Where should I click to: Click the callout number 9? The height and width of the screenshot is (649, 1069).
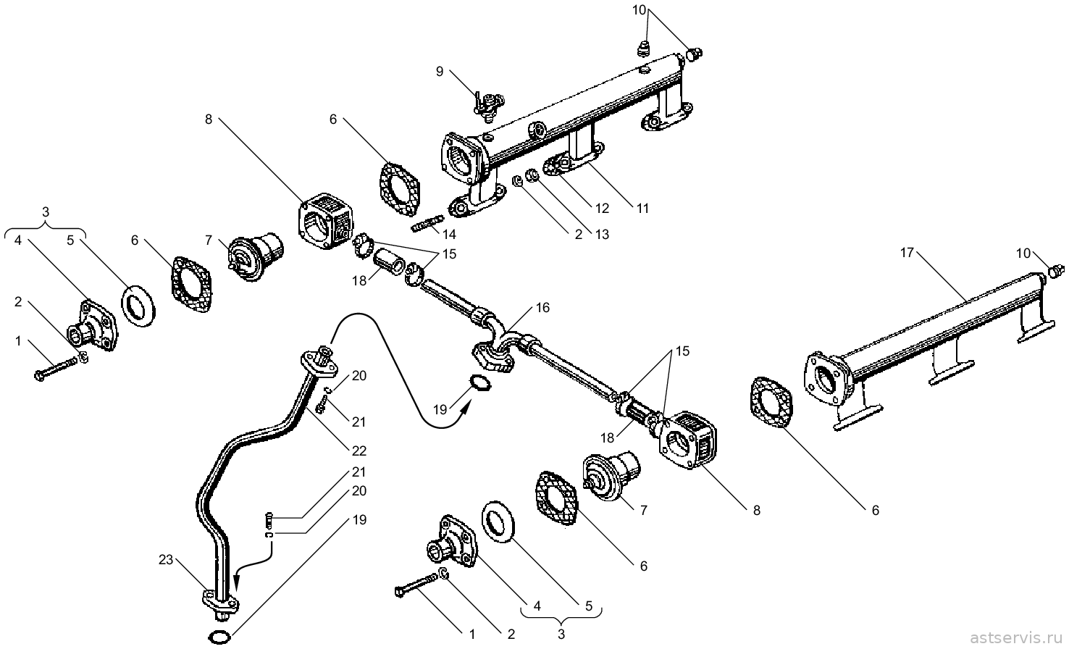pos(440,72)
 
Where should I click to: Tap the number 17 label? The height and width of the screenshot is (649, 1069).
pos(907,253)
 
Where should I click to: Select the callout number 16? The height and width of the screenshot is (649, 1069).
pos(542,308)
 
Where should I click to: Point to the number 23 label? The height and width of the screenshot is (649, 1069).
pos(166,560)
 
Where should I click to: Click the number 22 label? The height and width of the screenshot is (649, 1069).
pos(359,451)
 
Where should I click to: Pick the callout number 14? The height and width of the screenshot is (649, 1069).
pos(449,234)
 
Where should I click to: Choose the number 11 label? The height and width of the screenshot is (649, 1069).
pos(643,209)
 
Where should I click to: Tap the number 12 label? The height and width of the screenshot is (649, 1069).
pos(603,209)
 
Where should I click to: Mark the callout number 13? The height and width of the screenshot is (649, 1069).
pos(603,234)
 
